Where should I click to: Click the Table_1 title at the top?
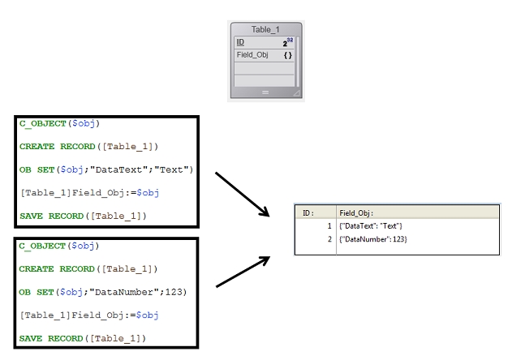(266, 29)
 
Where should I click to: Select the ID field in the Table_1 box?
(240, 42)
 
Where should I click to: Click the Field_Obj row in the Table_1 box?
(252, 55)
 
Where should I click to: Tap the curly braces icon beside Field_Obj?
(287, 55)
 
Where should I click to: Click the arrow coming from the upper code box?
(242, 194)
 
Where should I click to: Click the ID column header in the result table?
(308, 212)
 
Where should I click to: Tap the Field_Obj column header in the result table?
(356, 212)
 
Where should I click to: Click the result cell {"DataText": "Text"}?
(371, 225)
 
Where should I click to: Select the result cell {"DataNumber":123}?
(373, 239)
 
